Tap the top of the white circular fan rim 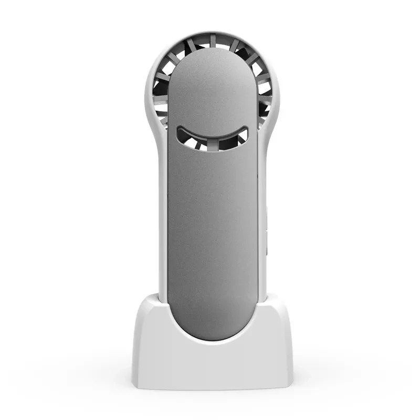(213, 34)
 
